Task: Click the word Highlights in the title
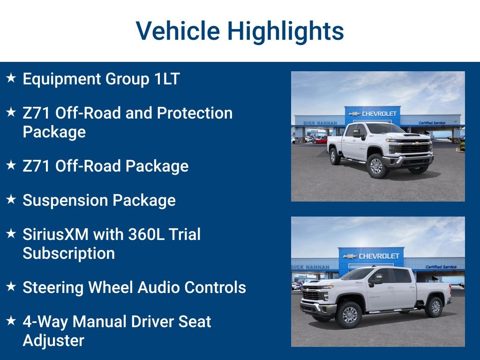(x=285, y=31)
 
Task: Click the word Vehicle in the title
(x=178, y=31)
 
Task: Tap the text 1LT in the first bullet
(x=167, y=79)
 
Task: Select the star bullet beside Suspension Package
(x=11, y=199)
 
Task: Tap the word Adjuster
(x=53, y=340)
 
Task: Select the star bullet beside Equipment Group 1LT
(x=11, y=78)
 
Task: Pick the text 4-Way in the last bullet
(x=45, y=322)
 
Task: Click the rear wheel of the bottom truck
(x=434, y=307)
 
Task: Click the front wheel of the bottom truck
(x=349, y=315)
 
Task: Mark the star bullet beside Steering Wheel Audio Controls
(x=11, y=286)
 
